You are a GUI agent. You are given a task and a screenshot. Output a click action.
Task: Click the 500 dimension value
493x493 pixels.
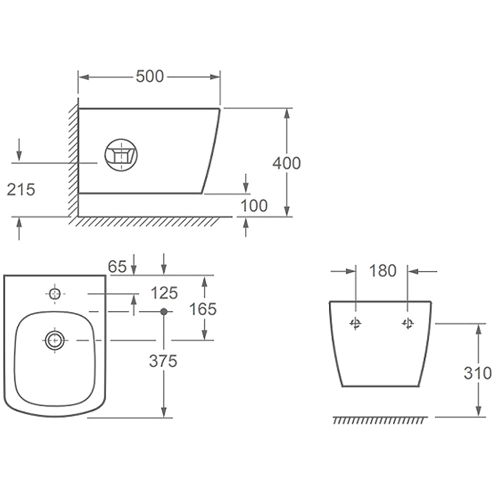[150, 76]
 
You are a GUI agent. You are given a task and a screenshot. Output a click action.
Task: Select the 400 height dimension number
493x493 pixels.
[287, 163]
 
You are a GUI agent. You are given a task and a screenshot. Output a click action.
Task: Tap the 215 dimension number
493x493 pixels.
[21, 190]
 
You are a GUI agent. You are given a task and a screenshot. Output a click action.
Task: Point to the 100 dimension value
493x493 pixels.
[254, 206]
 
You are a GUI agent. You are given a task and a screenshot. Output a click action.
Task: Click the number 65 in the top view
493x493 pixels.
[117, 267]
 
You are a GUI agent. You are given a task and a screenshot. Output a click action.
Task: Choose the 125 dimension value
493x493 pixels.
[165, 293]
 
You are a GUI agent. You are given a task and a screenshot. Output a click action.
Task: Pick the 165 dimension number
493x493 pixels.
[203, 309]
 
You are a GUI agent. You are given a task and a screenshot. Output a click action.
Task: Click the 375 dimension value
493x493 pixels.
[163, 361]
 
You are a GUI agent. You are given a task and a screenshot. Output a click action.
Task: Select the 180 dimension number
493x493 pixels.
[383, 271]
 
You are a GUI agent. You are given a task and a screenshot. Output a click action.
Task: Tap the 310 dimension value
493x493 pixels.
[478, 373]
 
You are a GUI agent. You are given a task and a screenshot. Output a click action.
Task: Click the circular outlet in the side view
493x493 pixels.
[121, 155]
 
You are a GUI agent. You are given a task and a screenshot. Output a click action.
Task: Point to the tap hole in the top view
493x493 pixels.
[55, 294]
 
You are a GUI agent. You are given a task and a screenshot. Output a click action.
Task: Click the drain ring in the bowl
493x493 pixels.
[55, 340]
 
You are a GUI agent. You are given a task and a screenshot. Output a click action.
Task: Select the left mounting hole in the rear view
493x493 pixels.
[356, 323]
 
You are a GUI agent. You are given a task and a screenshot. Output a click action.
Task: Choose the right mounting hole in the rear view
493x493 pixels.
[408, 323]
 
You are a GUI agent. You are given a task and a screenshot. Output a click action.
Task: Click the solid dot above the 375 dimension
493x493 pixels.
[163, 312]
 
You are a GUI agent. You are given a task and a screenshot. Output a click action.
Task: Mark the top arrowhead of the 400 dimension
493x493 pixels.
[287, 113]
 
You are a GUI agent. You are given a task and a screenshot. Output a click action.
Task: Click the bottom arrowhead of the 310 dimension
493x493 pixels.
[478, 412]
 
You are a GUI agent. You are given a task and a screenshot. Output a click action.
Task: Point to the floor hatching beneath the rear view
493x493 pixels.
[380, 420]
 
